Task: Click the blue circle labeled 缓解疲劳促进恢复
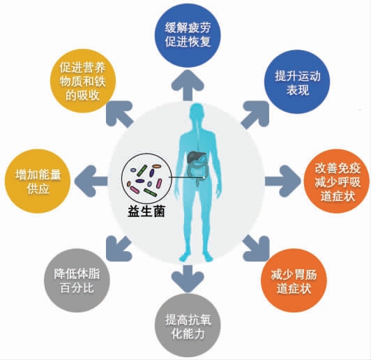click(x=188, y=35)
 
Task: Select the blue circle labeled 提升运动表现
click(x=297, y=82)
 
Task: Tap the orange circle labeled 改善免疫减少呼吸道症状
click(x=337, y=181)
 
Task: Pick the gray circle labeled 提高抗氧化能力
click(x=188, y=326)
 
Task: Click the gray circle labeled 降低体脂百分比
click(x=77, y=280)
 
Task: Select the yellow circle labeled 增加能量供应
click(x=38, y=181)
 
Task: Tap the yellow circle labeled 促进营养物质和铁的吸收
click(x=83, y=81)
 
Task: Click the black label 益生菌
click(x=146, y=211)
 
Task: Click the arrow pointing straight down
click(x=188, y=278)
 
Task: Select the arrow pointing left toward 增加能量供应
click(x=91, y=181)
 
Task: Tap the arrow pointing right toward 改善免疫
click(x=283, y=181)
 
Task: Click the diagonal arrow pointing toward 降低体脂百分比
click(x=119, y=248)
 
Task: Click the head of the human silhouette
click(x=197, y=112)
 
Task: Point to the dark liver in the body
click(x=196, y=157)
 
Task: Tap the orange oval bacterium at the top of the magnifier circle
click(x=156, y=166)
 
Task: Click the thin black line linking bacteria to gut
click(x=186, y=177)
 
